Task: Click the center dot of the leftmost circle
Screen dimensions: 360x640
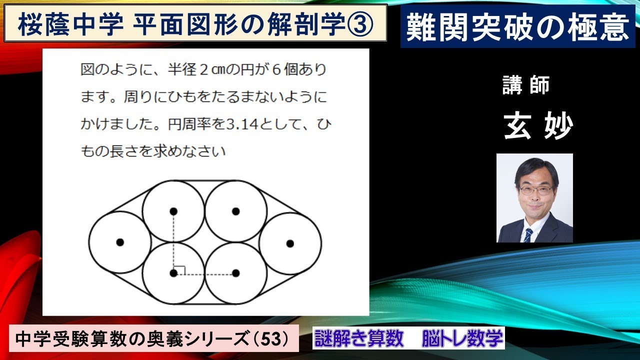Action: coord(119,242)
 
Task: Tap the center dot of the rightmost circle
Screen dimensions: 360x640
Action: coord(289,243)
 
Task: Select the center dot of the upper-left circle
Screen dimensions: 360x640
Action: coord(173,211)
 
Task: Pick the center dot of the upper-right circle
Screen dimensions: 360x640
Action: coord(236,211)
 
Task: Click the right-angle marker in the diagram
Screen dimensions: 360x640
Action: coord(180,270)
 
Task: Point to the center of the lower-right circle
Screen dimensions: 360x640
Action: coord(236,273)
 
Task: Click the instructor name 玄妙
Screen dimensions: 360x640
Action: coord(537,126)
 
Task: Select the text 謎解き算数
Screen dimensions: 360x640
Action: coord(359,339)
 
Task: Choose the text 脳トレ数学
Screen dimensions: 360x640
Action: coord(462,339)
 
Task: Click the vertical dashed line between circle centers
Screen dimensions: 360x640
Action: coord(173,242)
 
